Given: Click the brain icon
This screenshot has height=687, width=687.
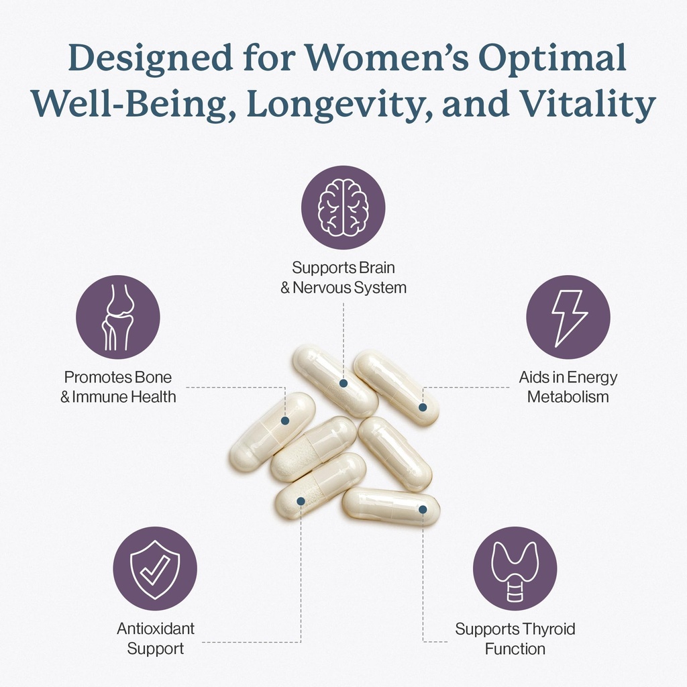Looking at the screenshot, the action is pos(343,208).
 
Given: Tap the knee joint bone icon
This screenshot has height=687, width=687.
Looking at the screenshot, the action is pos(118,317).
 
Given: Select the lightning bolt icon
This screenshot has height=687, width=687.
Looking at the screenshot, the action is pos(568,318).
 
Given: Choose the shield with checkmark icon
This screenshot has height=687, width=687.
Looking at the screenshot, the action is pos(155,569).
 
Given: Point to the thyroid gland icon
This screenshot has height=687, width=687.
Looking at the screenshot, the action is pos(515,570).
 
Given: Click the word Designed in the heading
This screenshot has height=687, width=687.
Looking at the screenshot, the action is pos(150,59).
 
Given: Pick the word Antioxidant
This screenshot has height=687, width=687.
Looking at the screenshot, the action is pos(156,629).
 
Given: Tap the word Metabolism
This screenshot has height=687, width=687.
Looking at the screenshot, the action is pos(568,397).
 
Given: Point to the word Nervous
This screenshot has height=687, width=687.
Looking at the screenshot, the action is pos(322,288).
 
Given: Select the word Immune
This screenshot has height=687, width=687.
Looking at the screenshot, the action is pos(100,397).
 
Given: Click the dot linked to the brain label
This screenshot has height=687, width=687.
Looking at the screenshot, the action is pos(343,383).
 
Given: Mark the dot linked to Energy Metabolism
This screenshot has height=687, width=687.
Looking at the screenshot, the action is pos(423,407).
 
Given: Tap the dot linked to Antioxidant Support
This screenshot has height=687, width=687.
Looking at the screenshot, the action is pos(301,500).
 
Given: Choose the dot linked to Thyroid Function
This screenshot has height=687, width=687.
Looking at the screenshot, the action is pos(423,510).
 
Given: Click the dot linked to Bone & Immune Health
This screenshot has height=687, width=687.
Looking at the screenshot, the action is pos(284,421).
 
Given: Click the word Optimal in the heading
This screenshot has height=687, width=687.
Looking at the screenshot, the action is pos(551,59).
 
